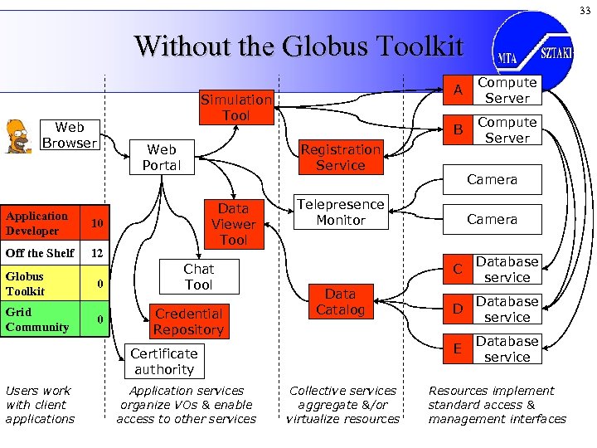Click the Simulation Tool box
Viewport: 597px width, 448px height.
(235, 107)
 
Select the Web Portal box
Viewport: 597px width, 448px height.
(161, 157)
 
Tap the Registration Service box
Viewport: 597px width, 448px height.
(340, 157)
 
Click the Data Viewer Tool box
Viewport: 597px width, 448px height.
(233, 224)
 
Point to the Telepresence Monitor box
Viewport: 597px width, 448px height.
(341, 212)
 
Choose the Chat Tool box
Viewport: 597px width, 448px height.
(198, 277)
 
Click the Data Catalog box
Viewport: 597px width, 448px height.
(340, 302)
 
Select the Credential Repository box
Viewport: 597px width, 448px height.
(188, 322)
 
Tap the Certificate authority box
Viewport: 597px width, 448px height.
(163, 362)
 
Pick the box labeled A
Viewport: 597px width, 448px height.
(455, 90)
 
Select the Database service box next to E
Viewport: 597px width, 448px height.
(507, 349)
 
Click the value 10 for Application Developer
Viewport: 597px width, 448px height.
(97, 224)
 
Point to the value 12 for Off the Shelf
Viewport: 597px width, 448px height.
(97, 253)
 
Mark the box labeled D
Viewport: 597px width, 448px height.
(455, 309)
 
